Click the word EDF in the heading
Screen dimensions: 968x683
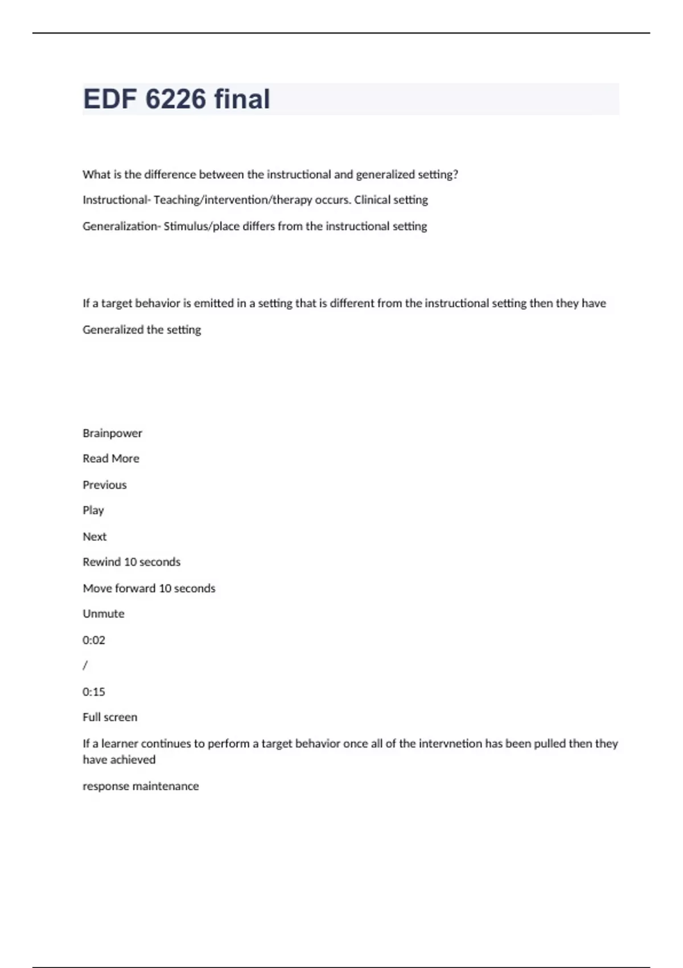(x=110, y=99)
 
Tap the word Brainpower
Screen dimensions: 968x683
(x=112, y=433)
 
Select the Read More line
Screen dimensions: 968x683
(x=111, y=459)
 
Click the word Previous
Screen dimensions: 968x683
(x=105, y=485)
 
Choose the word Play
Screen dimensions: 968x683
(x=93, y=511)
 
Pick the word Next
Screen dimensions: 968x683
(x=94, y=537)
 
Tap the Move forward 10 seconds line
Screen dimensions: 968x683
(x=149, y=588)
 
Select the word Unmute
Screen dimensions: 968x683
(x=104, y=614)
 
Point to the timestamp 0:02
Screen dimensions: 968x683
(x=94, y=640)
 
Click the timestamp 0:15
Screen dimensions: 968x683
(x=94, y=692)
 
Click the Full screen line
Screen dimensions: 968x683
(x=110, y=717)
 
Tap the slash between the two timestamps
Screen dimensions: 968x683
(x=85, y=666)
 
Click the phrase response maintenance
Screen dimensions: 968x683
(x=141, y=786)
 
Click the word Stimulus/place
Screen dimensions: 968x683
(x=201, y=226)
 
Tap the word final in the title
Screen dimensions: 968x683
(x=242, y=99)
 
